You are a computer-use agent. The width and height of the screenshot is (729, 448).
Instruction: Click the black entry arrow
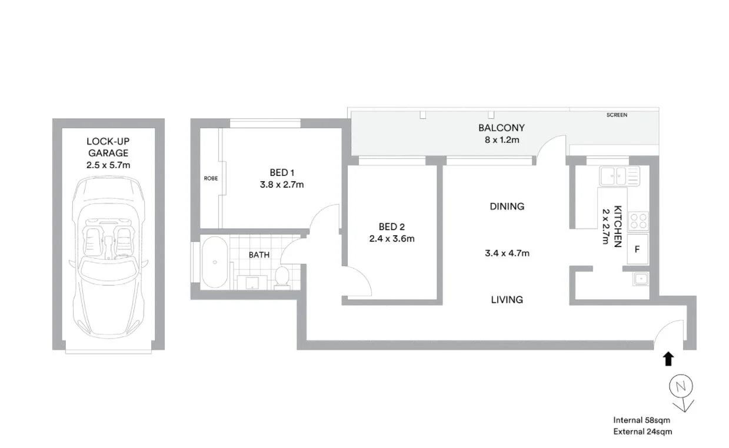coord(668,359)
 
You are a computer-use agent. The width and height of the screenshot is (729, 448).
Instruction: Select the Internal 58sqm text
coord(641,420)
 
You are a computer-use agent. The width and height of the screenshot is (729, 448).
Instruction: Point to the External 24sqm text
coord(642,431)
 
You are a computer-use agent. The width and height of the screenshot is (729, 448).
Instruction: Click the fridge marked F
coord(637,249)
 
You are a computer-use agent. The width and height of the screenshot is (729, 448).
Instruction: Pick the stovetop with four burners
coord(638,221)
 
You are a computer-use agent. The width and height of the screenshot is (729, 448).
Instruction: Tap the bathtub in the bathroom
coord(215,262)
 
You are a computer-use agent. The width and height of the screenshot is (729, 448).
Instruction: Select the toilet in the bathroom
coord(282,276)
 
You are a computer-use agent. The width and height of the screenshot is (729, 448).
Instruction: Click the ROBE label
coord(211,178)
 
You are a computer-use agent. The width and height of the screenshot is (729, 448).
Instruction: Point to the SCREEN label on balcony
coord(617,115)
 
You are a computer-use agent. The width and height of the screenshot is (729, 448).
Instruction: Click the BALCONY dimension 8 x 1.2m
coord(501,139)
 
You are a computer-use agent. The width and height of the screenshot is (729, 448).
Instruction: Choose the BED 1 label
coord(282,172)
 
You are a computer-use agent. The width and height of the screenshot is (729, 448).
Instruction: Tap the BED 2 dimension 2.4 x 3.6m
coord(392,238)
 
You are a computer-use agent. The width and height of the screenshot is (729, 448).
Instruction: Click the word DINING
coord(507,206)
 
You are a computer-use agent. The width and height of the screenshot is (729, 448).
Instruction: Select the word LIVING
coord(507,300)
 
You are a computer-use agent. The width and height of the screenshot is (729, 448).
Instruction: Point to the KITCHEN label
coord(618,226)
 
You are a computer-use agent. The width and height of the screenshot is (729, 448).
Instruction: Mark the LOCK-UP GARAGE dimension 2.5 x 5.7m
coord(108,165)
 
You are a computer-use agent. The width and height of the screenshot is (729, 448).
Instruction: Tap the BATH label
coord(259,255)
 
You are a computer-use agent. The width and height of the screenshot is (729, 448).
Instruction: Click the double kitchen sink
coord(619,175)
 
